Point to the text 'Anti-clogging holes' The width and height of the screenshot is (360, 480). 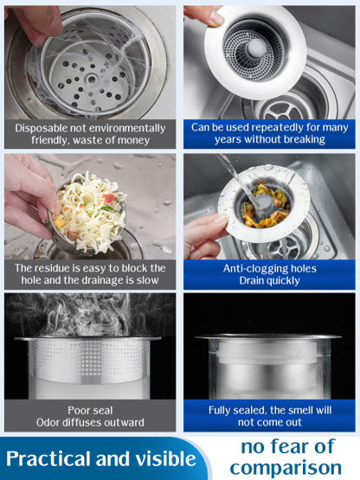(269, 268)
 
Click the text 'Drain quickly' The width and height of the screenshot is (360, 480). (269, 280)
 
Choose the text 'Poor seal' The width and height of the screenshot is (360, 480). (90, 410)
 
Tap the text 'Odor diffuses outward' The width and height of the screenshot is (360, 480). (90, 422)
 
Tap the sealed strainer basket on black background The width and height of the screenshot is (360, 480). (269, 364)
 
